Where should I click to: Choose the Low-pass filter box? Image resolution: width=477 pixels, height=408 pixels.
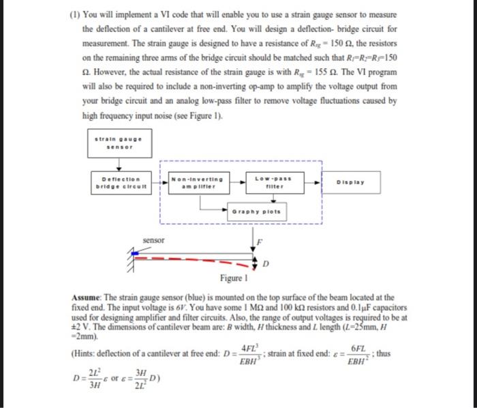(270, 184)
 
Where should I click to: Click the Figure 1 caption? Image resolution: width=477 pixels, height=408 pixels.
(232, 278)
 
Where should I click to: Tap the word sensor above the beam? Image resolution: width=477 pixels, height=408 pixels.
(153, 240)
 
